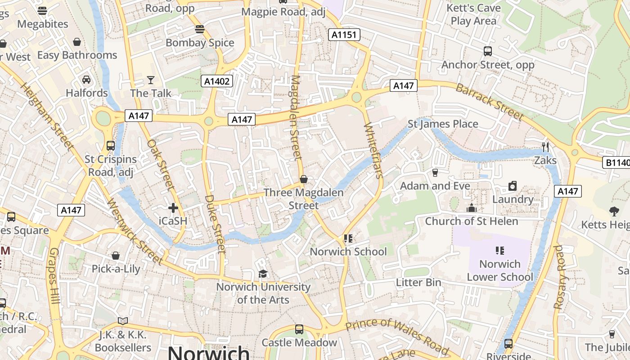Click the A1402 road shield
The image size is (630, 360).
click(x=216, y=81)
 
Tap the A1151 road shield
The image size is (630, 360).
click(x=344, y=35)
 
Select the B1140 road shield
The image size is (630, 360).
click(x=616, y=162)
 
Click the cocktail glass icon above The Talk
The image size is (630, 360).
click(x=151, y=80)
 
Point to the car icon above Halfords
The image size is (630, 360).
click(x=86, y=80)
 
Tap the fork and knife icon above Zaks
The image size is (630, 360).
click(x=545, y=147)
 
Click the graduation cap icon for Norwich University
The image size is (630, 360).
click(x=263, y=274)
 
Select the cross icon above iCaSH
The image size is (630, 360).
click(x=173, y=208)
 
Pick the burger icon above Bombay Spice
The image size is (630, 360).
click(x=200, y=30)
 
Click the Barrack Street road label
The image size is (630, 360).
click(x=490, y=102)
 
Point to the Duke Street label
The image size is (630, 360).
click(x=215, y=224)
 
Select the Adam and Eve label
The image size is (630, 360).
click(x=435, y=186)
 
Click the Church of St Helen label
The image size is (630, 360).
click(x=472, y=221)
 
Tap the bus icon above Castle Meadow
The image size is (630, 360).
click(x=299, y=329)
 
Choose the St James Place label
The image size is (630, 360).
click(x=443, y=124)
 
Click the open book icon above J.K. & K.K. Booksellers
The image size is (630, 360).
click(x=123, y=321)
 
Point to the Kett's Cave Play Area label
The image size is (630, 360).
click(x=473, y=14)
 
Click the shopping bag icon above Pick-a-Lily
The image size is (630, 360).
click(x=116, y=256)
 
